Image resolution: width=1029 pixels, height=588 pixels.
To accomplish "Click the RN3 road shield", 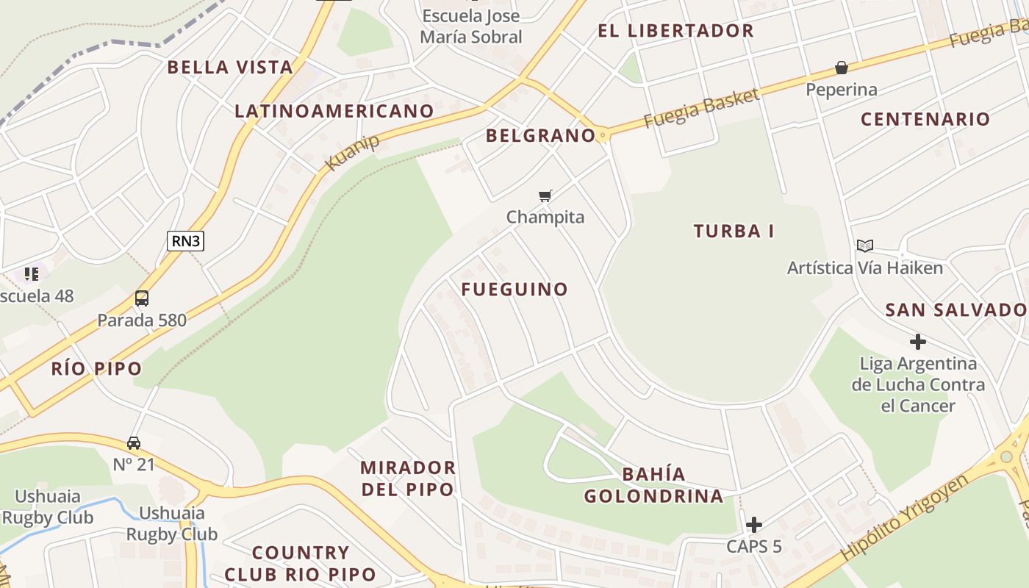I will click(x=185, y=241).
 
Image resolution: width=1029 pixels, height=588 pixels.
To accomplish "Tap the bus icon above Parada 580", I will click(x=142, y=298).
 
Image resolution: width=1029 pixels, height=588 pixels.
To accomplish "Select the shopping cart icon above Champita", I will click(x=545, y=196).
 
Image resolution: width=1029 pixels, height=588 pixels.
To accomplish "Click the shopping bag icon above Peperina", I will click(x=842, y=68).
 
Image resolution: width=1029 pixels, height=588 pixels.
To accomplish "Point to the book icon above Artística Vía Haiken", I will click(x=865, y=245).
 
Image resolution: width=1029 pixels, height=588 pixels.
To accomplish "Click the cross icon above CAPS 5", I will click(x=753, y=525).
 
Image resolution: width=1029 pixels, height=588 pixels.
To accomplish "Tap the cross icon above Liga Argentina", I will click(x=917, y=342).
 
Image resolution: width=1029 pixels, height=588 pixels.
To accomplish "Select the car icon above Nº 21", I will click(x=134, y=443).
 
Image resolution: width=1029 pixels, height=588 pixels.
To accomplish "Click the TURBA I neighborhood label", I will click(x=734, y=231).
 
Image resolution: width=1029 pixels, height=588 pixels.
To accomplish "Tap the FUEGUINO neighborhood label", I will click(x=514, y=290).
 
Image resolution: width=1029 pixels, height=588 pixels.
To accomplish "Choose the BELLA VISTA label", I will click(x=230, y=68).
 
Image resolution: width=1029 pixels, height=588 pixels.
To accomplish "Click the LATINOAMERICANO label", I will click(x=334, y=111).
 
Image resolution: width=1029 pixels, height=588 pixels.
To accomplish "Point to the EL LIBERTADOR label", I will click(x=675, y=31).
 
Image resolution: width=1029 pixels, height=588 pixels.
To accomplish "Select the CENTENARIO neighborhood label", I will click(x=925, y=119).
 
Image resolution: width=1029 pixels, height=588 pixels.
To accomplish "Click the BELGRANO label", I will click(x=540, y=135).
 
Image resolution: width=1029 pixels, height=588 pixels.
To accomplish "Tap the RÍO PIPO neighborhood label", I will click(x=96, y=369).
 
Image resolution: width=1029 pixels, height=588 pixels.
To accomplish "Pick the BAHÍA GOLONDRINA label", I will click(x=653, y=485).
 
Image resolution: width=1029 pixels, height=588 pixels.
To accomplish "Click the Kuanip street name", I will click(x=352, y=152).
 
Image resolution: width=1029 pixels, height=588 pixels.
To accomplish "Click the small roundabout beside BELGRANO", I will click(x=603, y=135).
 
